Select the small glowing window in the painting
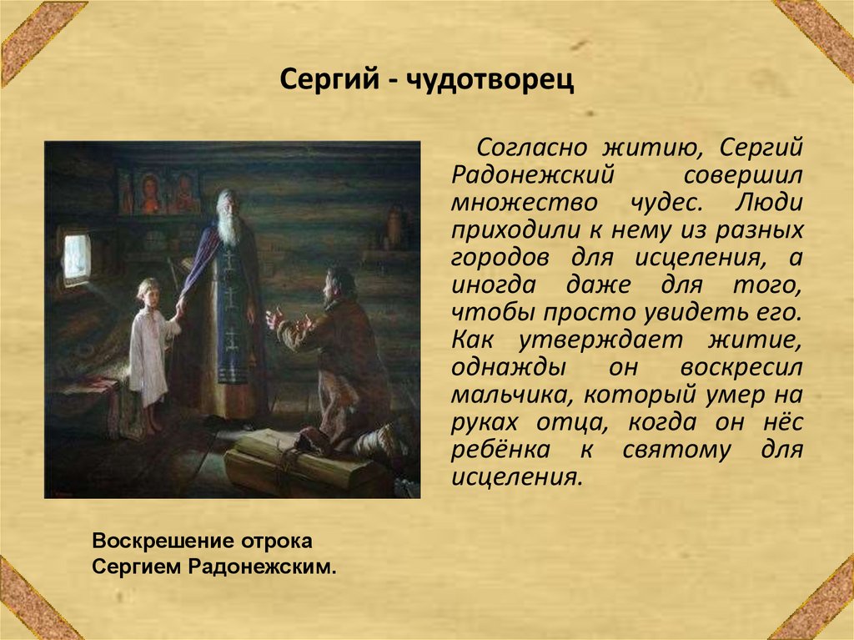click(77, 255)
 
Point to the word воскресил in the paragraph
click(741, 367)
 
